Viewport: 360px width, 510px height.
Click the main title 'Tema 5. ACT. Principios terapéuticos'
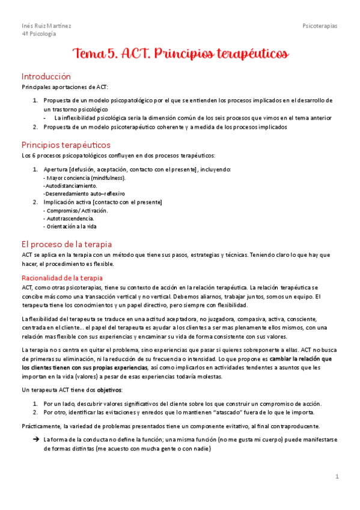click(x=180, y=55)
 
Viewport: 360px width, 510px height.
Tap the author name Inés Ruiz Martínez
click(x=46, y=26)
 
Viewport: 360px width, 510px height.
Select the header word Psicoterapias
click(x=320, y=26)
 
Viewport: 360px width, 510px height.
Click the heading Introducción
click(x=46, y=76)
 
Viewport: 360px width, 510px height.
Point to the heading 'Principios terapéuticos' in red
click(x=66, y=145)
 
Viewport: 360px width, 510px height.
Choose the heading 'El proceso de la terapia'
click(x=66, y=244)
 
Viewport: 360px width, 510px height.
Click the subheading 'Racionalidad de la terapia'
click(x=62, y=278)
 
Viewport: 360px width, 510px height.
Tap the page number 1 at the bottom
click(x=337, y=476)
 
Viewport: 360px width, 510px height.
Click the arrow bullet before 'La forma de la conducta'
click(x=36, y=440)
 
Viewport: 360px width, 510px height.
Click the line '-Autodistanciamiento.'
click(x=70, y=186)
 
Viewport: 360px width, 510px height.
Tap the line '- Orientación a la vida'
click(x=70, y=227)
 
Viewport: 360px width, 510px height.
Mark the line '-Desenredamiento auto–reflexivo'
click(x=84, y=194)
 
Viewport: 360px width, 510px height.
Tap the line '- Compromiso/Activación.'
click(x=76, y=210)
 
